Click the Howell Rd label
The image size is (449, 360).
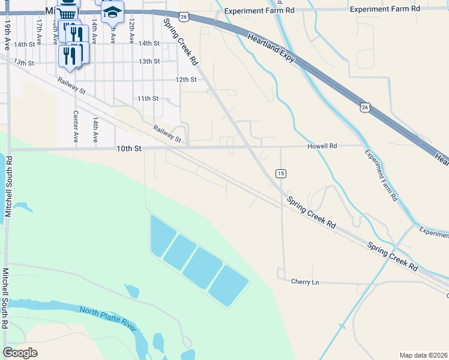[322, 146]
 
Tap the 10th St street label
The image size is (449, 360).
[128, 148]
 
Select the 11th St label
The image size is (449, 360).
[148, 98]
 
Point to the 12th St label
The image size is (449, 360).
[186, 79]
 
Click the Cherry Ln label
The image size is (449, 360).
[304, 281]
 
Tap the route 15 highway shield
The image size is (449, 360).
[280, 173]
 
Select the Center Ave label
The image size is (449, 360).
[76, 126]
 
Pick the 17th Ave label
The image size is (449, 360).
[39, 29]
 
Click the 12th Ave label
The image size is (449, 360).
[131, 29]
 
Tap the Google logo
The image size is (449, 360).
[20, 353]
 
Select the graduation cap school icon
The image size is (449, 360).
[112, 11]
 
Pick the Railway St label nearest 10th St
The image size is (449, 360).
[167, 133]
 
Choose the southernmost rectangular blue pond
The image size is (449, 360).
[228, 286]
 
